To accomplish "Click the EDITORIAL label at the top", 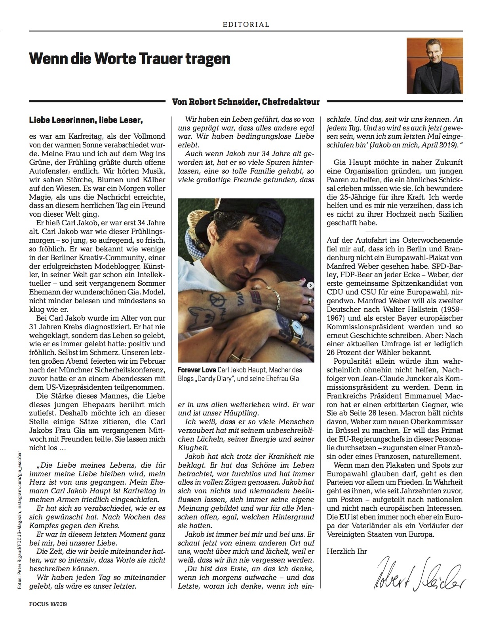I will click(x=246, y=24).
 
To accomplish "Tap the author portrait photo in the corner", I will click(x=434, y=65).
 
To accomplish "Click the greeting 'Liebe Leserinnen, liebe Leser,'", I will click(x=86, y=119).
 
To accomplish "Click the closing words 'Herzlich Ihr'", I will click(x=347, y=551).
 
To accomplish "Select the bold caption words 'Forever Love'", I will click(x=196, y=370).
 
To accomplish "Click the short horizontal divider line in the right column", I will click(x=394, y=231).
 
